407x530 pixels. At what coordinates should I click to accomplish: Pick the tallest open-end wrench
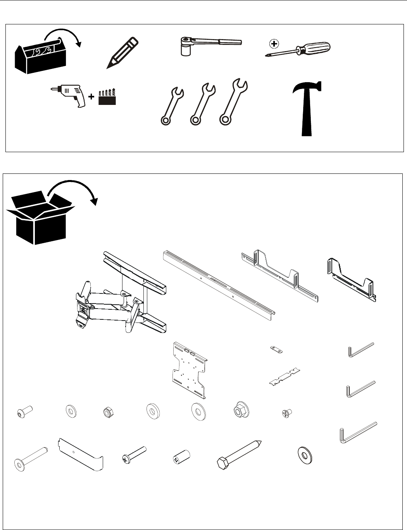[233, 102]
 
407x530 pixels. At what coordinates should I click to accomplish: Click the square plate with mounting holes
[189, 370]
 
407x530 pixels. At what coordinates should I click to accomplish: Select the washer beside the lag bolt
[305, 455]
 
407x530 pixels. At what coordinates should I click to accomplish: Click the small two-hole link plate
[276, 349]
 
